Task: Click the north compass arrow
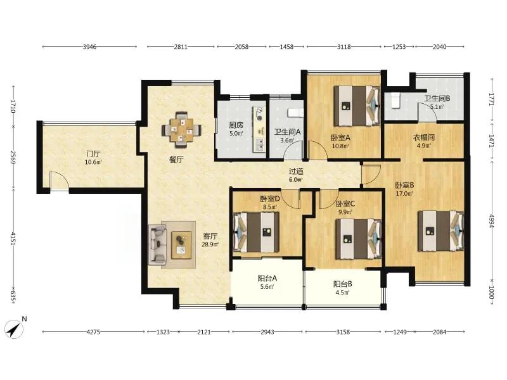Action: pos(14,329)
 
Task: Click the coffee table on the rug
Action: pos(181,245)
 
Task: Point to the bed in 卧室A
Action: pos(357,106)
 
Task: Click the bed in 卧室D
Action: pos(256,232)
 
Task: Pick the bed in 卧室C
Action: pos(358,239)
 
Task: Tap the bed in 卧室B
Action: pos(440,231)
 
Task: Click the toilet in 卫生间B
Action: pos(395,100)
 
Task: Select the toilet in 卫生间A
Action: pos(295,113)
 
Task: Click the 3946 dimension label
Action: pos(89,47)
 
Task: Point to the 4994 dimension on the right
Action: pos(492,221)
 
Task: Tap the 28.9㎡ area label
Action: pos(210,244)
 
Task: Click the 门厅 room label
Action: pos(93,154)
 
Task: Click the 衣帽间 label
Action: pos(424,137)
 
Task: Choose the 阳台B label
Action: pos(343,284)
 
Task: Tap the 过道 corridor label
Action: pos(296,172)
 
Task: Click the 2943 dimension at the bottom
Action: pos(267,332)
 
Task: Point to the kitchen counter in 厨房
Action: pos(259,129)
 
